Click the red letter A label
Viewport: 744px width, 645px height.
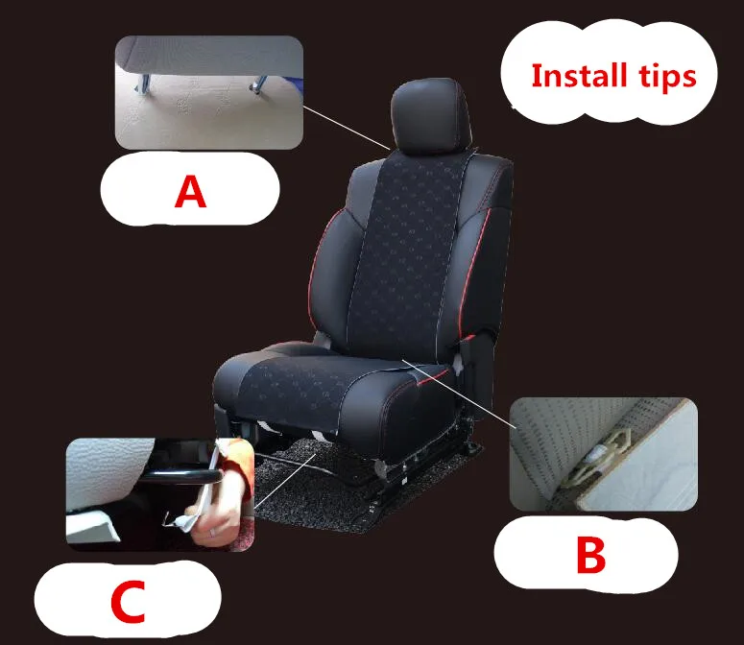pos(190,191)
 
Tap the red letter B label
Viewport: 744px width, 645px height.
pos(590,555)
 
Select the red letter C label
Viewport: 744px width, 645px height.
pos(128,602)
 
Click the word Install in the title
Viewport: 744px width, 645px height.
pos(579,76)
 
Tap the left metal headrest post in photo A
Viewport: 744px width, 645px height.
pos(143,84)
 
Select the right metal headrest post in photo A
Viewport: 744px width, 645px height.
pos(258,84)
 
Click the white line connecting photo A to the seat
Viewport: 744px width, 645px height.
pos(347,128)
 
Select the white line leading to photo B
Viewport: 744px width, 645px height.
pos(460,394)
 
